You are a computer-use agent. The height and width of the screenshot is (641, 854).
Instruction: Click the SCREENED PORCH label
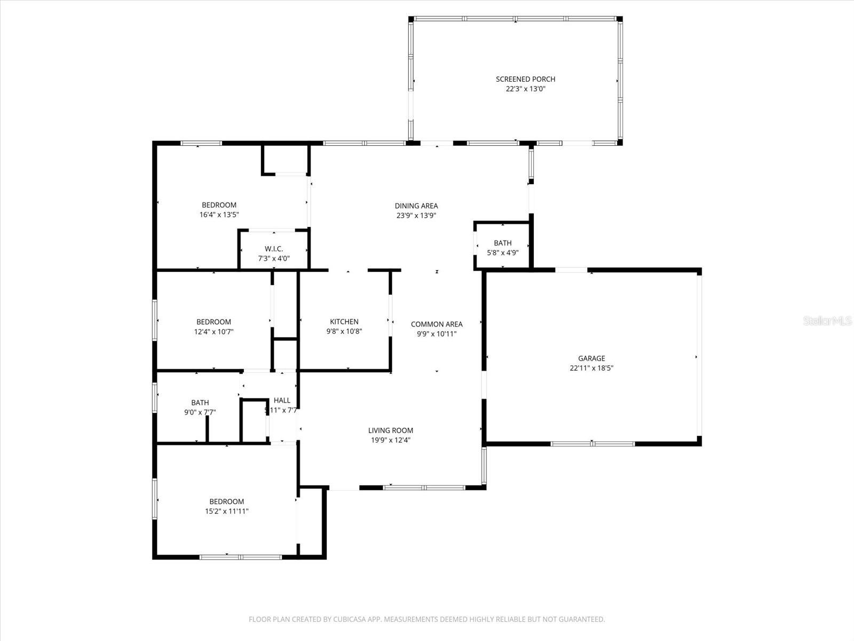[525, 79]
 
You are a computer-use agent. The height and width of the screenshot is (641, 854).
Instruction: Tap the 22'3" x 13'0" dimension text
[525, 89]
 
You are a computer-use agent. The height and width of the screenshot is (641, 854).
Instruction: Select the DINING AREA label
[416, 206]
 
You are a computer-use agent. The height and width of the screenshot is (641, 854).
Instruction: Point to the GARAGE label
[591, 358]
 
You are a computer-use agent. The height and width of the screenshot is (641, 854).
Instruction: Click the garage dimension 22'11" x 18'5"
[591, 368]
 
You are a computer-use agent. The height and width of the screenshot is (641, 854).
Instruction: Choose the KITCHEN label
[344, 322]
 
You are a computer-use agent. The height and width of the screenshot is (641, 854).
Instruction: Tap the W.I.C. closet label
[274, 249]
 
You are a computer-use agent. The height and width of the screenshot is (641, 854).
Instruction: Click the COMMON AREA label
[437, 324]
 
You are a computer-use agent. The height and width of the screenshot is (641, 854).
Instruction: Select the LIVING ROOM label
[391, 431]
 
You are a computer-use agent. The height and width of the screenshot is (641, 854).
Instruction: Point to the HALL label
[282, 400]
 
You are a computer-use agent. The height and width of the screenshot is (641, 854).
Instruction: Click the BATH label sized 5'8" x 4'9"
[502, 243]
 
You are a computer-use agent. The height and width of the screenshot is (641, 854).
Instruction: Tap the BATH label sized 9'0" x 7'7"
[200, 403]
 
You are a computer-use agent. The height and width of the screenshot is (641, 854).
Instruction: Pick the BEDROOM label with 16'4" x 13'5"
[219, 205]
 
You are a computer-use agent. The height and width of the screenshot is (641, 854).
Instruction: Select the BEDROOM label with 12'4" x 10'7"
[213, 322]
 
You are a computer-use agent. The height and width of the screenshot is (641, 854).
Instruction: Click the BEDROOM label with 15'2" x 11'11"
[226, 502]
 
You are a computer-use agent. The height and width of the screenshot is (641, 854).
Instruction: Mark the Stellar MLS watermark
[828, 321]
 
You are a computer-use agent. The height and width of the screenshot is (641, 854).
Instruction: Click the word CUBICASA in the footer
[352, 620]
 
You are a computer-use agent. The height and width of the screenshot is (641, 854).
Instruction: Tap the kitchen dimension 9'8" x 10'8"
[344, 332]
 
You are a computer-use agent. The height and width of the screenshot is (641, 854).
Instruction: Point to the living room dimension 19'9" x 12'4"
[391, 441]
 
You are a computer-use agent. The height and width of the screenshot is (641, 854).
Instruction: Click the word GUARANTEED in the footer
[582, 620]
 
